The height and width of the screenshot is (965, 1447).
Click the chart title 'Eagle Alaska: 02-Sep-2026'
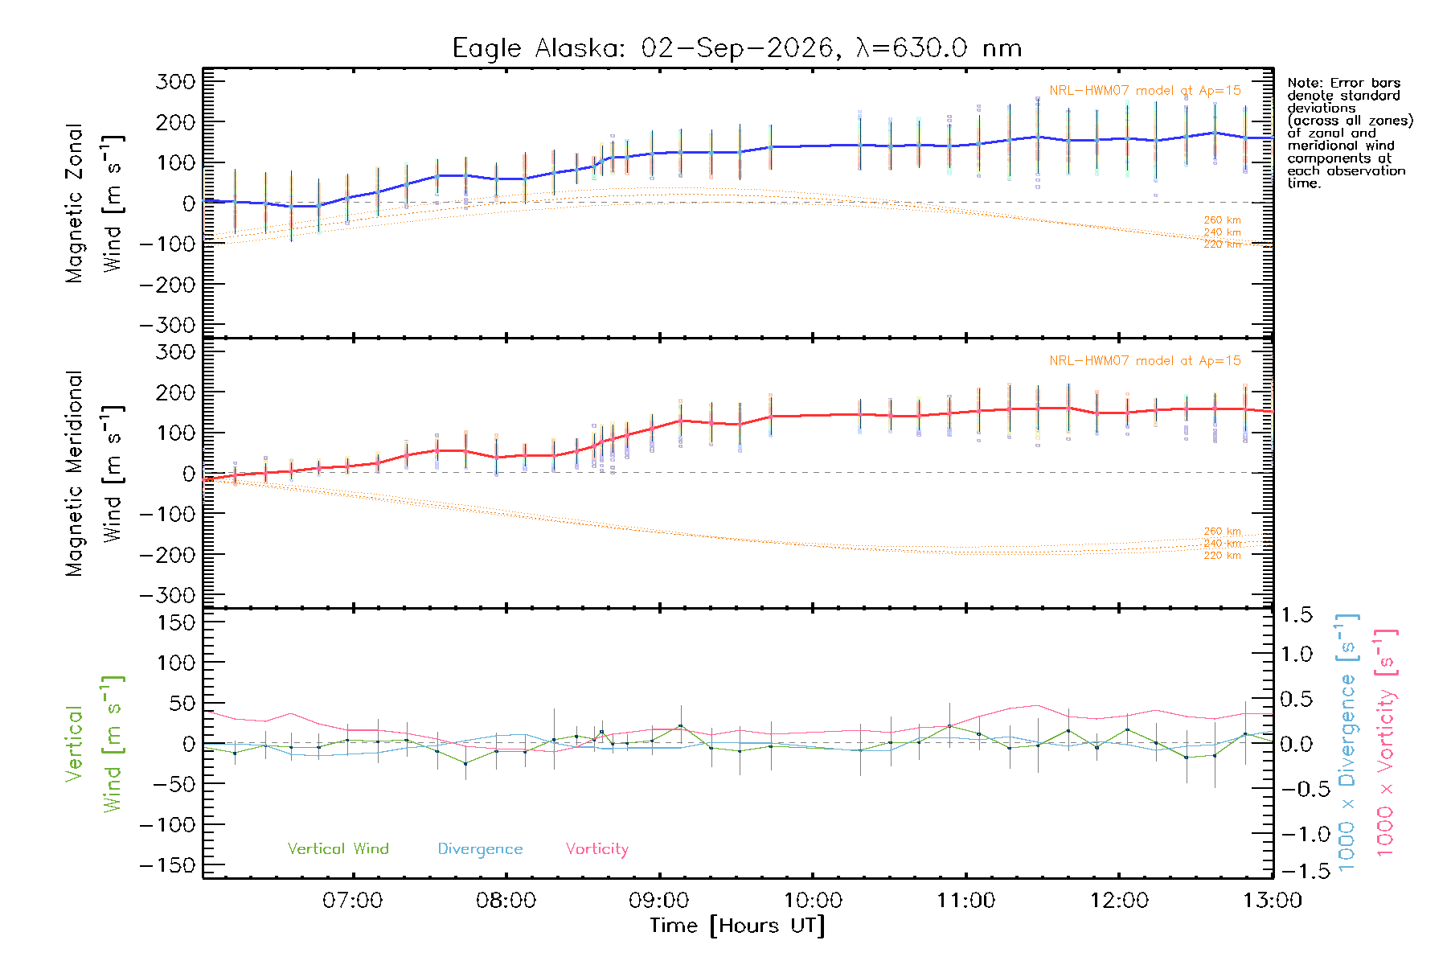tap(643, 48)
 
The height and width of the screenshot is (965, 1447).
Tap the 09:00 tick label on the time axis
tap(659, 900)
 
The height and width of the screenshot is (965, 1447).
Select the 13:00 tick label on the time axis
tap(1273, 900)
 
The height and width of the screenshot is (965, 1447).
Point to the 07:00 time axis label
tap(352, 900)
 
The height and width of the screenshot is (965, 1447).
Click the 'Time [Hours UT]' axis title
tap(737, 926)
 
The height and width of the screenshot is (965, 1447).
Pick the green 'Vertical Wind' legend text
tap(338, 848)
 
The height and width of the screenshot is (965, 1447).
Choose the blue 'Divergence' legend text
tap(480, 849)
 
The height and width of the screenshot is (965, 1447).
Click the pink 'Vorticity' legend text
tap(597, 849)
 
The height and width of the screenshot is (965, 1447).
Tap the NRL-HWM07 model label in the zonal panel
tap(1145, 91)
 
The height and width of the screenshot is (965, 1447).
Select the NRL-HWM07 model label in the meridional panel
tap(1145, 361)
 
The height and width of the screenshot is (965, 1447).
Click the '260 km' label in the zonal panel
tap(1222, 220)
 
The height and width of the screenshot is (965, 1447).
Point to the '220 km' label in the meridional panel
tap(1222, 556)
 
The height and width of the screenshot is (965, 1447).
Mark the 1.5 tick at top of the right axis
tap(1296, 615)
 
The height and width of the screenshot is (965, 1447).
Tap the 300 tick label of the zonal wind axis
tap(176, 81)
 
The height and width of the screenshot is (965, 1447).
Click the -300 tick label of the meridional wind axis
tap(168, 595)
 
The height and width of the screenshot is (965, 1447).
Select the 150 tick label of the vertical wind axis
tap(176, 622)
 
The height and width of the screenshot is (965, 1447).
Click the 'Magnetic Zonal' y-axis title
tap(75, 203)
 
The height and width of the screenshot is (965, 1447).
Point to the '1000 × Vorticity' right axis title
tap(1386, 742)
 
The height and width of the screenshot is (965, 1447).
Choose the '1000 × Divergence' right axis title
tap(1347, 742)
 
